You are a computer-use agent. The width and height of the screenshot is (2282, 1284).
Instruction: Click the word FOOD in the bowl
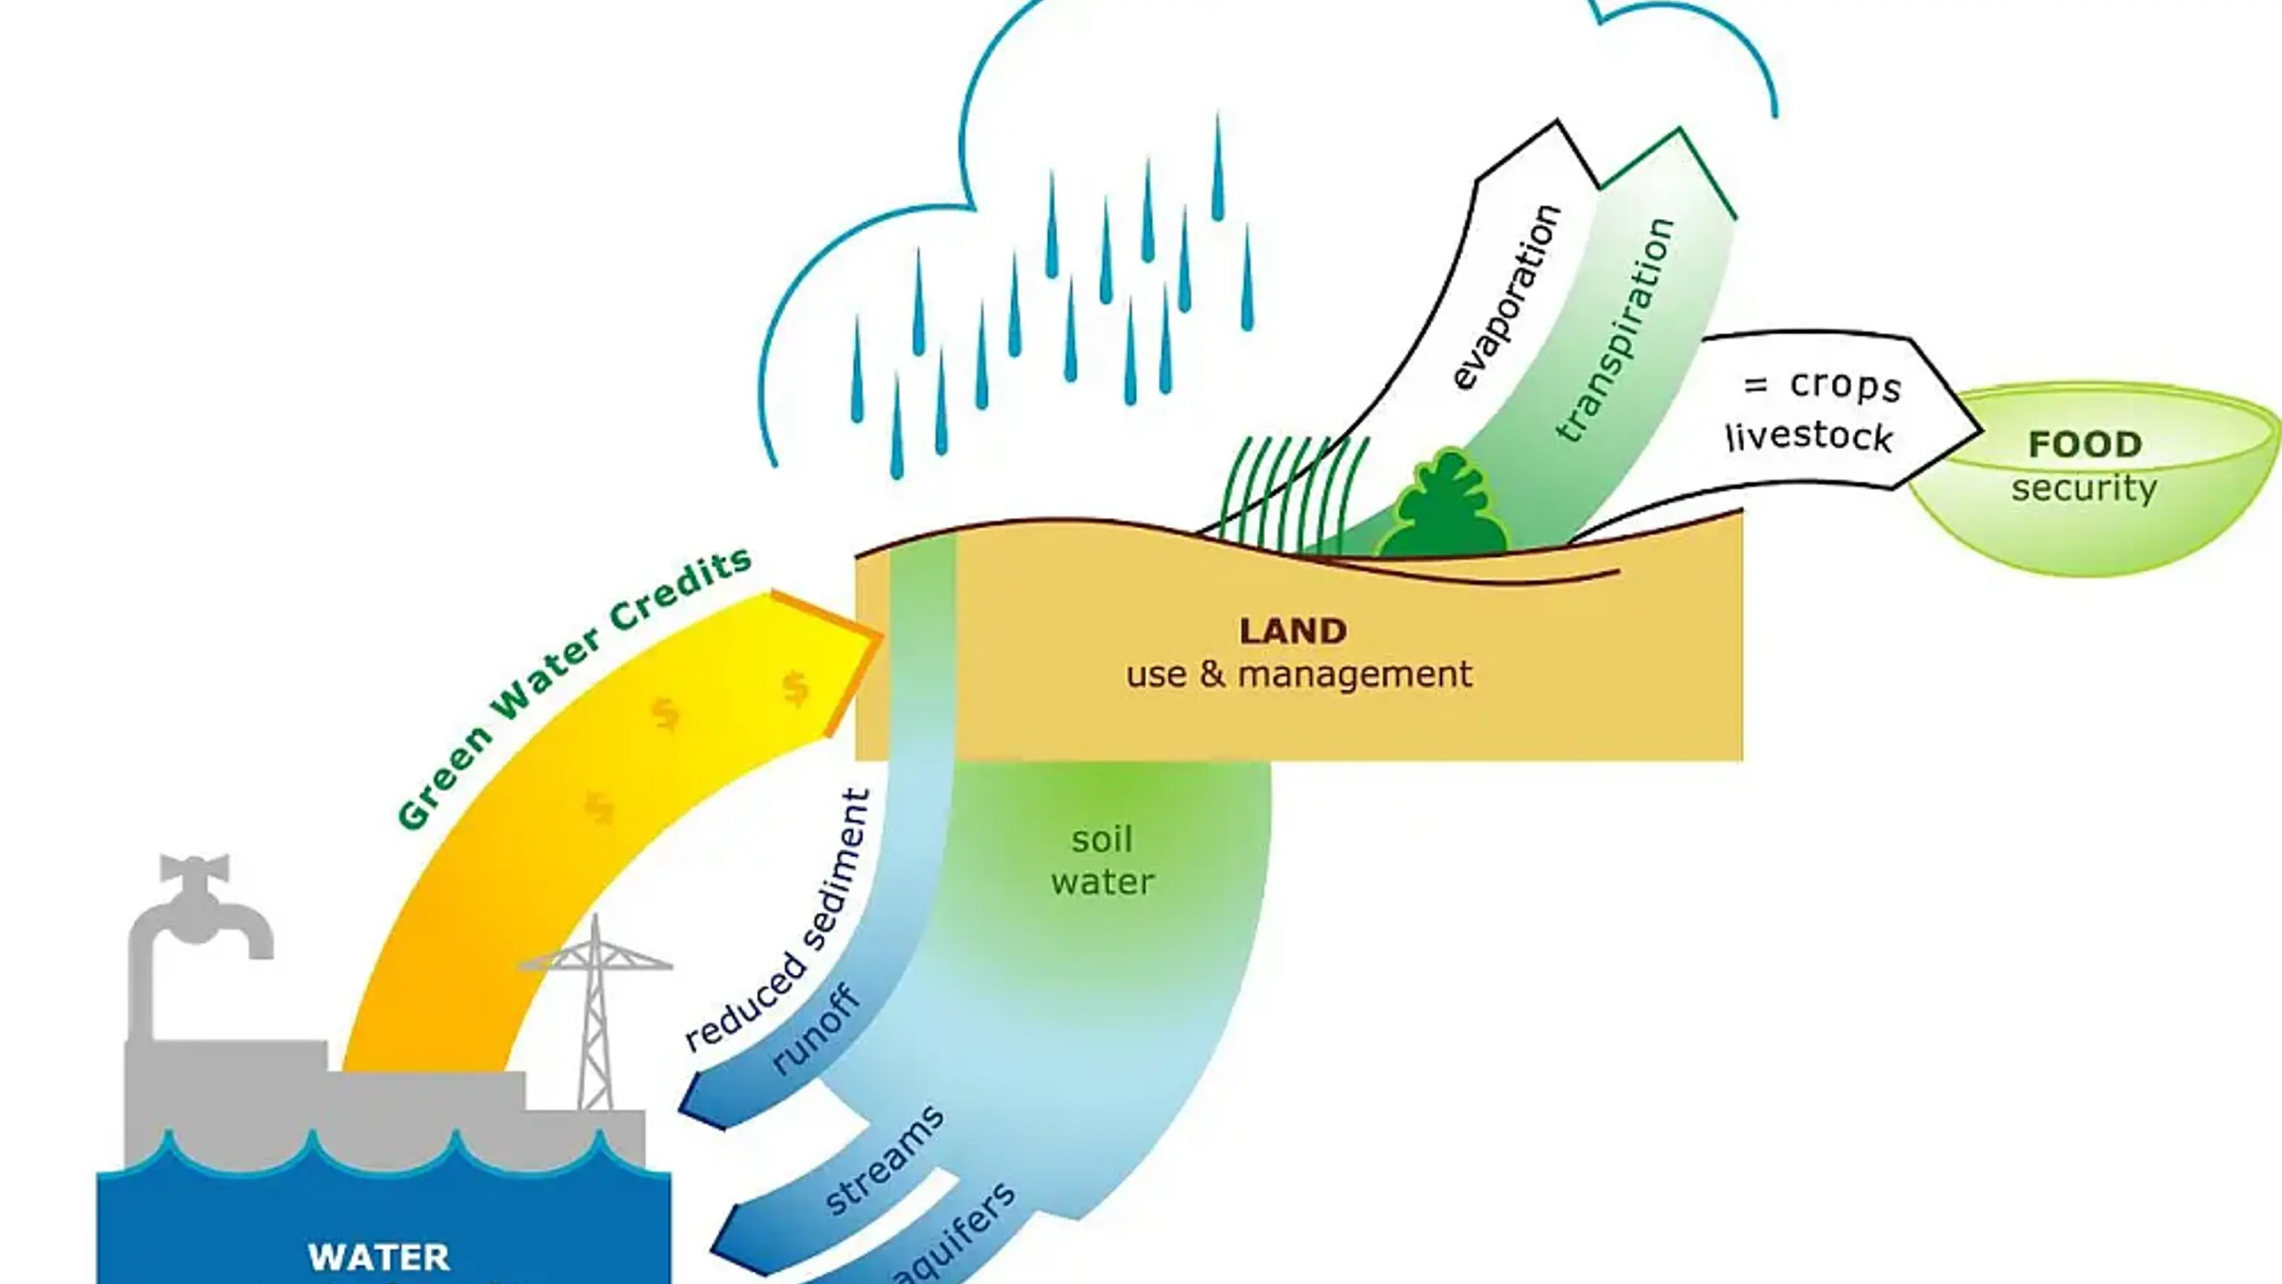[x=2084, y=444]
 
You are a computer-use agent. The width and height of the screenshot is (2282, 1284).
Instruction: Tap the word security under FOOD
[x=2084, y=488]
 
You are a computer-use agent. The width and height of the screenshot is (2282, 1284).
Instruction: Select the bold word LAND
[x=1293, y=631]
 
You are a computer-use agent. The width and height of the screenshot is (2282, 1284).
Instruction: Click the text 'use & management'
[x=1298, y=675]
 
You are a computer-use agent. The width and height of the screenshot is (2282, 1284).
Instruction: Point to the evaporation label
[x=1506, y=297]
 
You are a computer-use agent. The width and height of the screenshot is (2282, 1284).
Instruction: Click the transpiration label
[x=1616, y=330]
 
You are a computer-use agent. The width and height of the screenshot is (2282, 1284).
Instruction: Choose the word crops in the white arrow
[x=1844, y=386]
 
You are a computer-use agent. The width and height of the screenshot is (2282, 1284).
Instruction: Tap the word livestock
[x=1809, y=437]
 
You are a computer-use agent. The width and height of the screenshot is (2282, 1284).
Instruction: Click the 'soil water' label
[x=1102, y=860]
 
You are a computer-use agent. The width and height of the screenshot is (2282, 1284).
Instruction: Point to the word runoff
[x=816, y=1030]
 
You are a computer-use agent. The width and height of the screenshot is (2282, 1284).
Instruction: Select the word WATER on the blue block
[x=378, y=1257]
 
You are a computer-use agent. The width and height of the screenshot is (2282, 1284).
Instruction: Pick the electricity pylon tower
[x=595, y=1011]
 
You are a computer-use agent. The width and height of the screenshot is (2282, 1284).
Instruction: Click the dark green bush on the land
[x=1445, y=510]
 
